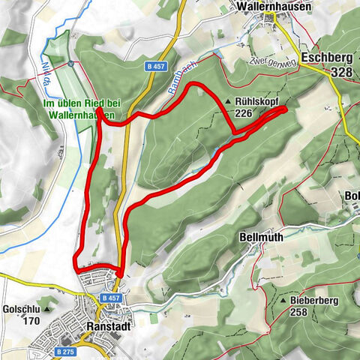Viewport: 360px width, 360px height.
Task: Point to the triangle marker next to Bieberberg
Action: (283, 300)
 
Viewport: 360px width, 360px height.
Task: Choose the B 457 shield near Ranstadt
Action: (109, 298)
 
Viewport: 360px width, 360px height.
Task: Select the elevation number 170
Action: (31, 321)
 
